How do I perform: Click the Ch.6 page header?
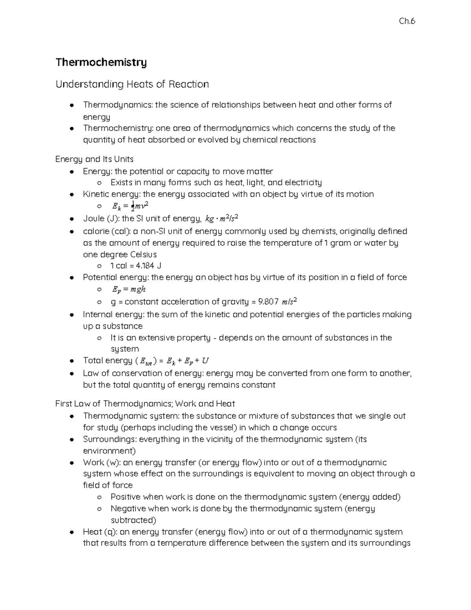pos(407,22)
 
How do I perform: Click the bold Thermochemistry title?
pos(101,62)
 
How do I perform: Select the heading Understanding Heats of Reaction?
pos(132,84)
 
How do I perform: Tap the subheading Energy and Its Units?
pos(94,159)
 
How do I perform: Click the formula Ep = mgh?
pos(128,289)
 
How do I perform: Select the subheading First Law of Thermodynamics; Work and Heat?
pos(145,404)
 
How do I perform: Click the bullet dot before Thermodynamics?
pos(72,105)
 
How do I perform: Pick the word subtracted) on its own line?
pos(133,520)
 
